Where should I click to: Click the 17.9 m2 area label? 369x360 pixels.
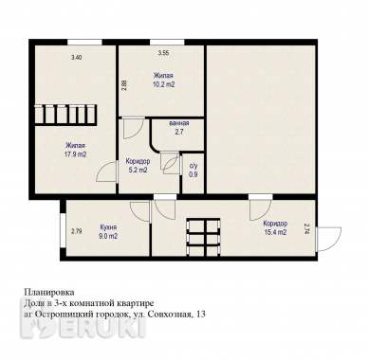point(76,153)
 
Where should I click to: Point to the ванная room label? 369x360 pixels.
point(178,123)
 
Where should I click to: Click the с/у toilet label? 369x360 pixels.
point(194,165)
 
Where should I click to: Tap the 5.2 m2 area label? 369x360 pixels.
point(138,171)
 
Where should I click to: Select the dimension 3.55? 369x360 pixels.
point(163,53)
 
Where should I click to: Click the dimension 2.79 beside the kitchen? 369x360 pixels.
point(76,231)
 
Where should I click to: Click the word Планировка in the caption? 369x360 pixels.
point(46,294)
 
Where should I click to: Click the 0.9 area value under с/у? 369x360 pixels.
point(194,175)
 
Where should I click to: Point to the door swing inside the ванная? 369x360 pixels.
point(170,164)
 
